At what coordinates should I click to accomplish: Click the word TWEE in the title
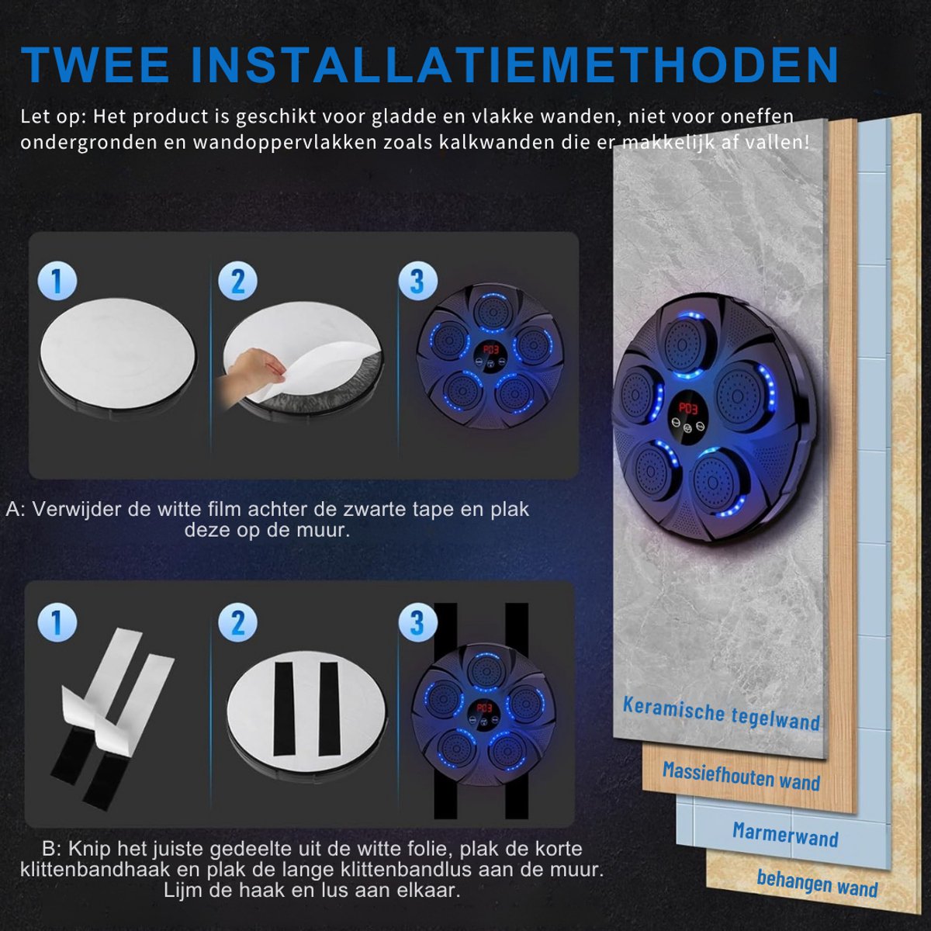pos(95,65)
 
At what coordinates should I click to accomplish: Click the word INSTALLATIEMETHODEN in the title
pos(515,65)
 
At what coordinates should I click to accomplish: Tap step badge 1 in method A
pos(57,281)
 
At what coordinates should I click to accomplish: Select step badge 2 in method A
pos(237,281)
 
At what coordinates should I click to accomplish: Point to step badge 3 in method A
pos(418,281)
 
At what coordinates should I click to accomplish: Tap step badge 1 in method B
pos(57,622)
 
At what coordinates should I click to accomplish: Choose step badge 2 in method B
pos(237,622)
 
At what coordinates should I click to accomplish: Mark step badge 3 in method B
pos(418,622)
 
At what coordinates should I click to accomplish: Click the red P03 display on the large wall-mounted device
pos(688,407)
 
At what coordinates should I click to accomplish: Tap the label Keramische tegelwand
pos(722,713)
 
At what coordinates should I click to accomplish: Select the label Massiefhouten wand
pos(741,776)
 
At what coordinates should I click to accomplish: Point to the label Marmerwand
pos(785,834)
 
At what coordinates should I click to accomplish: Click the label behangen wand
pos(817,883)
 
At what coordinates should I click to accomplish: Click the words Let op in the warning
pos(50,117)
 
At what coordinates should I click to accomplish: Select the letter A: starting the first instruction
pos(16,510)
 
